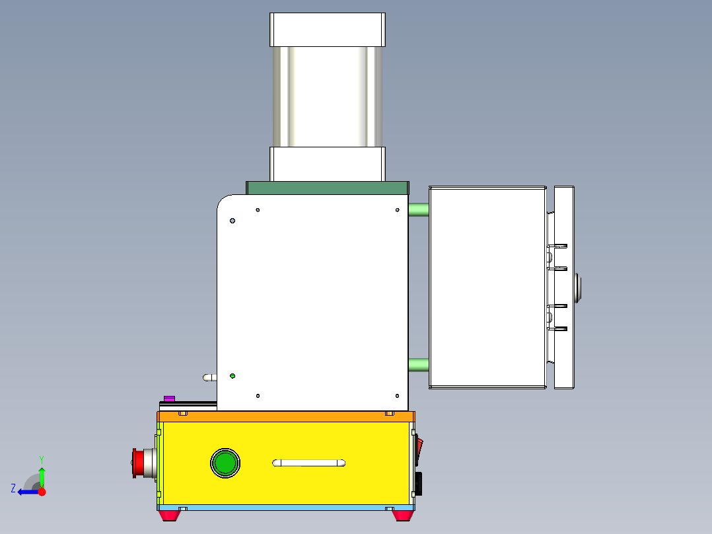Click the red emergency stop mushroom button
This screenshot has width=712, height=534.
pyautogui.click(x=139, y=463)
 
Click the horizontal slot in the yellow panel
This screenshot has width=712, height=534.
pyautogui.click(x=309, y=463)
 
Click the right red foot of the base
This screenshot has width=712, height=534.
pyautogui.click(x=403, y=515)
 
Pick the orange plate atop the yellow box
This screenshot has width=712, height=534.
pyautogui.click(x=285, y=416)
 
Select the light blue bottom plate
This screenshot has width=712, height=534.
pyautogui.click(x=285, y=508)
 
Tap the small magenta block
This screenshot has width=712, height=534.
pyautogui.click(x=169, y=399)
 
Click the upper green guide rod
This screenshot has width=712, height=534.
pyautogui.click(x=418, y=210)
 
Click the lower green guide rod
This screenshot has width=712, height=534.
pyautogui.click(x=418, y=364)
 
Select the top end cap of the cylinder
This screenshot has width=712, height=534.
pyautogui.click(x=327, y=30)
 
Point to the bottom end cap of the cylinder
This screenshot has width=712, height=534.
pyautogui.click(x=327, y=163)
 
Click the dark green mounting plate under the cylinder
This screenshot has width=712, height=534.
pyautogui.click(x=327, y=188)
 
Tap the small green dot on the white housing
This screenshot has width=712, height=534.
pyautogui.click(x=232, y=376)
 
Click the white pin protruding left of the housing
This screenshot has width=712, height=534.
pyautogui.click(x=209, y=378)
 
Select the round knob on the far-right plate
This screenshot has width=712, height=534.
pyautogui.click(x=579, y=288)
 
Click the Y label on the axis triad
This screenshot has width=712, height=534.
pyautogui.click(x=41, y=459)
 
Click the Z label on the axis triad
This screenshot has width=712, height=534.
pyautogui.click(x=13, y=488)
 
